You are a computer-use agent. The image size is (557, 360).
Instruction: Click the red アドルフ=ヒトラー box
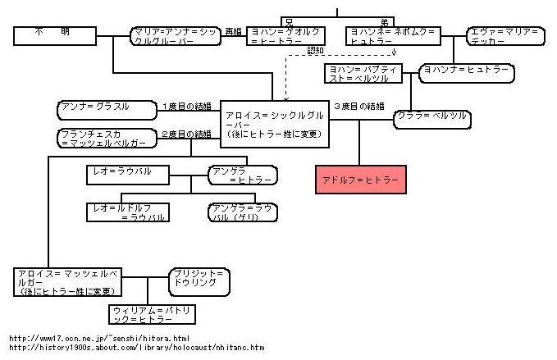tap(360, 178)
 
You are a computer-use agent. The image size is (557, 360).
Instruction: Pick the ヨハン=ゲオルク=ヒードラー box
tap(285, 36)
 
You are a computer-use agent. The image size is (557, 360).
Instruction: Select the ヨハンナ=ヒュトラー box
tap(467, 72)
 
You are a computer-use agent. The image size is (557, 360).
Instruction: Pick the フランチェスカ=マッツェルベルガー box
tap(107, 139)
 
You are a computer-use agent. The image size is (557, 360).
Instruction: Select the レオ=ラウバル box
tap(128, 174)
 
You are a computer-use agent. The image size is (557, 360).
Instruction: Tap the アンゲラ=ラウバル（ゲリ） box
tap(241, 212)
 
